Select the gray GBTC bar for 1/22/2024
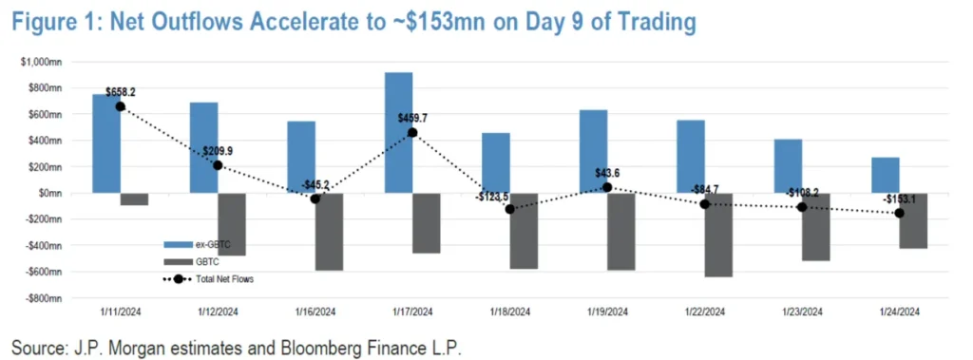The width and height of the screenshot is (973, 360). (717, 235)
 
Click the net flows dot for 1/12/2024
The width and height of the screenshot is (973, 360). (218, 165)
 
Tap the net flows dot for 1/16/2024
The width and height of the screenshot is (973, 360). (315, 199)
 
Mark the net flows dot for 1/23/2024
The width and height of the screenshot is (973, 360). (802, 207)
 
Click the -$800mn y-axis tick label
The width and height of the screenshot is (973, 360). (42, 298)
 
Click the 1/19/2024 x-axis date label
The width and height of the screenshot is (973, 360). (607, 311)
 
